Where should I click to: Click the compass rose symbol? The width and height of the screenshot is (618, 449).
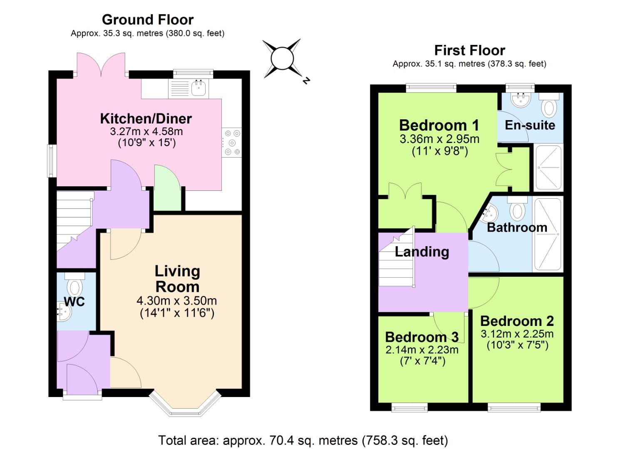coord(282,59)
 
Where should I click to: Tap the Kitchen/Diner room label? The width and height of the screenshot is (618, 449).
coord(146,118)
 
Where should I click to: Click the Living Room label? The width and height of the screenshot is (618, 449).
coord(177,279)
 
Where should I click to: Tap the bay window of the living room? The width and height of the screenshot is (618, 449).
coord(185,405)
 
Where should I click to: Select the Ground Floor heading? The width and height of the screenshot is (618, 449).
coord(148,20)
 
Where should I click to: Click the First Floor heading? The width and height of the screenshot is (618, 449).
coord(469,50)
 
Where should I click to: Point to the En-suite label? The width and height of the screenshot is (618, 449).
coord(530,125)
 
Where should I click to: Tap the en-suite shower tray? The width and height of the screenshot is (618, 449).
coord(549,167)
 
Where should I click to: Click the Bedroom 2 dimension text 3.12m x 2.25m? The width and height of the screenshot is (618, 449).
coord(517,334)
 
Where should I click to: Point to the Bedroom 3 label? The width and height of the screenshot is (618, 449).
coord(422,337)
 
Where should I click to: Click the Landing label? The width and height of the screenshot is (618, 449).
coord(422,252)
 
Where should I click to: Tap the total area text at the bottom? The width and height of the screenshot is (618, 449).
coord(303,440)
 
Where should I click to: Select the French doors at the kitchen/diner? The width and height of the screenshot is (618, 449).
coord(101,65)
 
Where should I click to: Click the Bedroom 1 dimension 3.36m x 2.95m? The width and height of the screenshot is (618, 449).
coord(439,139)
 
